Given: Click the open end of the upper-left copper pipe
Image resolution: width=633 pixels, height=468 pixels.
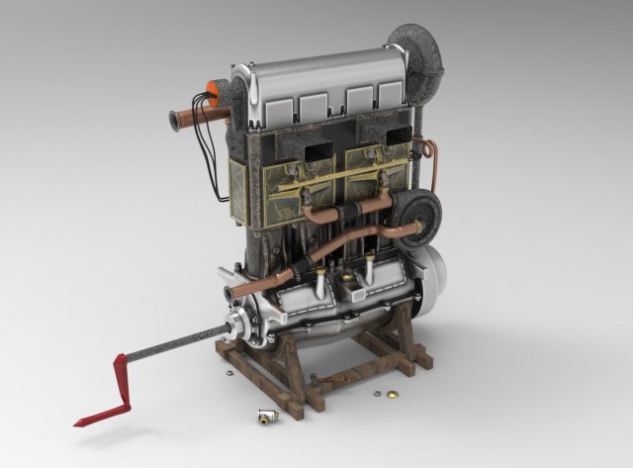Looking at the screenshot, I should [x=174, y=122].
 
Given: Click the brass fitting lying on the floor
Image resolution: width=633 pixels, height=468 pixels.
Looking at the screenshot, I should [x=264, y=418].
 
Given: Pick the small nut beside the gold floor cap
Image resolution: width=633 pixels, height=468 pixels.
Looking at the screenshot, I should [x=379, y=394].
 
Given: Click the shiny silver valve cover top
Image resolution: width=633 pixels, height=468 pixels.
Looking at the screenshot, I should [x=316, y=69].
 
